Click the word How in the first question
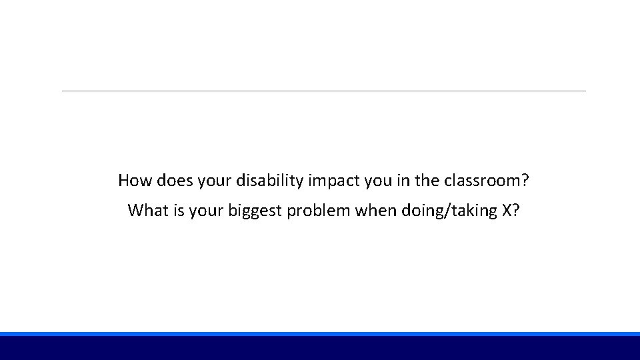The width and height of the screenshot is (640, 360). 133,180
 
